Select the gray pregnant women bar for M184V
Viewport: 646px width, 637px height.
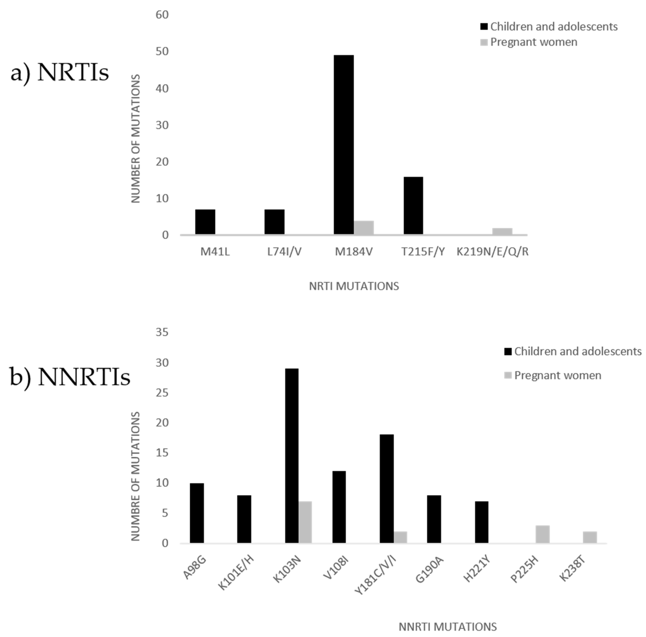point(364,228)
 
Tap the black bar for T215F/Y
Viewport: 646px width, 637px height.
point(413,205)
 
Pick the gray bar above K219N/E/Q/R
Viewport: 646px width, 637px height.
point(502,231)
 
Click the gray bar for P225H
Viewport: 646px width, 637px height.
point(542,534)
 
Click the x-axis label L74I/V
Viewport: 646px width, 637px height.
point(284,252)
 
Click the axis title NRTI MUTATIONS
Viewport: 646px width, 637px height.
point(354,286)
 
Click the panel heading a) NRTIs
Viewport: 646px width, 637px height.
point(59,73)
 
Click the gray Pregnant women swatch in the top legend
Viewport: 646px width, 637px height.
point(484,42)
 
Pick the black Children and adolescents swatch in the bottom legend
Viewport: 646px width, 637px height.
point(508,352)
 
